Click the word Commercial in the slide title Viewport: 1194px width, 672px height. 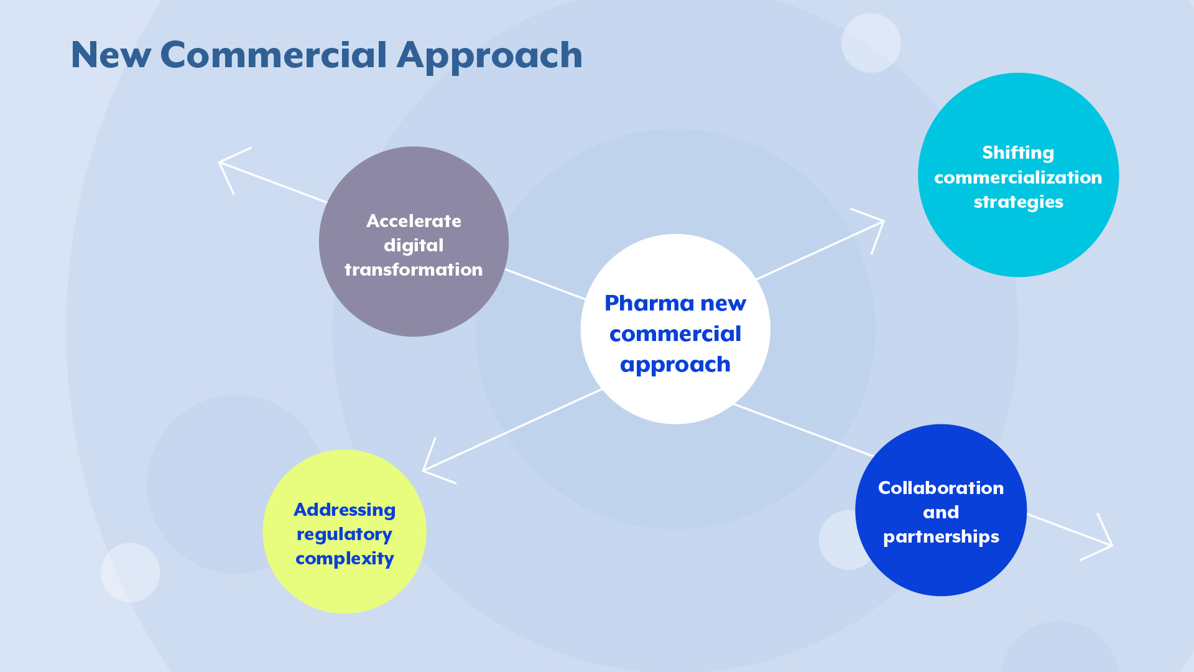point(274,55)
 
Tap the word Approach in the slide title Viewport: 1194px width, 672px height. point(489,56)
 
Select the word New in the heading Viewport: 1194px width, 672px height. point(111,55)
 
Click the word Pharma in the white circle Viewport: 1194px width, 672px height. point(649,303)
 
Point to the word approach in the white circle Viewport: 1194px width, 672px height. point(675,365)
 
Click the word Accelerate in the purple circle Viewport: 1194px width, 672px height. point(414,221)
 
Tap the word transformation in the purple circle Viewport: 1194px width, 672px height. point(414,269)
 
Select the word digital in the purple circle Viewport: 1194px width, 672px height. point(414,245)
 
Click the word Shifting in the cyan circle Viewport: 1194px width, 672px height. point(1018,153)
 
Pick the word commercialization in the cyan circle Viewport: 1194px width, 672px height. point(1018,177)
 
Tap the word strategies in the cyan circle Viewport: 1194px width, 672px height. point(1018,202)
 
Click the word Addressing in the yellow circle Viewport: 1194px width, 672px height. point(345,510)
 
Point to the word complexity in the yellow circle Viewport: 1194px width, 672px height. point(345,559)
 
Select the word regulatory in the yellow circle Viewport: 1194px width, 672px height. point(345,534)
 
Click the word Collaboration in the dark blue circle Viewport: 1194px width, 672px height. point(940,488)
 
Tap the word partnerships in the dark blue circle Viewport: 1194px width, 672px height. point(940,537)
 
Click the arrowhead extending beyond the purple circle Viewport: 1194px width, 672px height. point(225,165)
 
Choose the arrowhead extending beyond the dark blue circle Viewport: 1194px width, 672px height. point(1106,543)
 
